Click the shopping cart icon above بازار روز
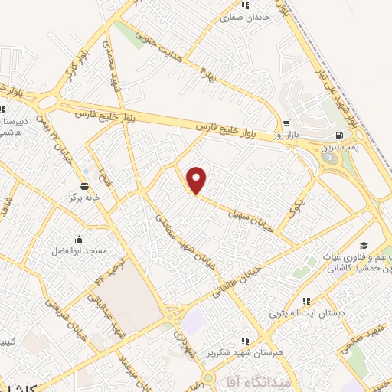coord(286,122)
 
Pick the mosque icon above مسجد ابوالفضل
coord(78,238)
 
